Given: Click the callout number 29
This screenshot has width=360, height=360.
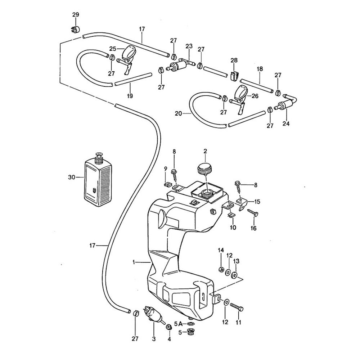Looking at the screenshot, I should click(x=75, y=15).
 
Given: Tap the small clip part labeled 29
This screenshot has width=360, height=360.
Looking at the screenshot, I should click(x=75, y=28).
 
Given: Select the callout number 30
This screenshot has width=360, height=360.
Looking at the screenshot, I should click(x=72, y=177).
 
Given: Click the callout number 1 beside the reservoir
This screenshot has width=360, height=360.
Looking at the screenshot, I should click(x=134, y=263).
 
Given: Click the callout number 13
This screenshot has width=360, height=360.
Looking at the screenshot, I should click(x=237, y=261).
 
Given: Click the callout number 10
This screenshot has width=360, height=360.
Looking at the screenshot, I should click(x=233, y=228).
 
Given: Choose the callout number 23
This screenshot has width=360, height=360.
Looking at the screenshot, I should click(x=189, y=46).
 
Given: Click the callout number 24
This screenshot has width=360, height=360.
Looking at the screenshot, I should click(x=286, y=124).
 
